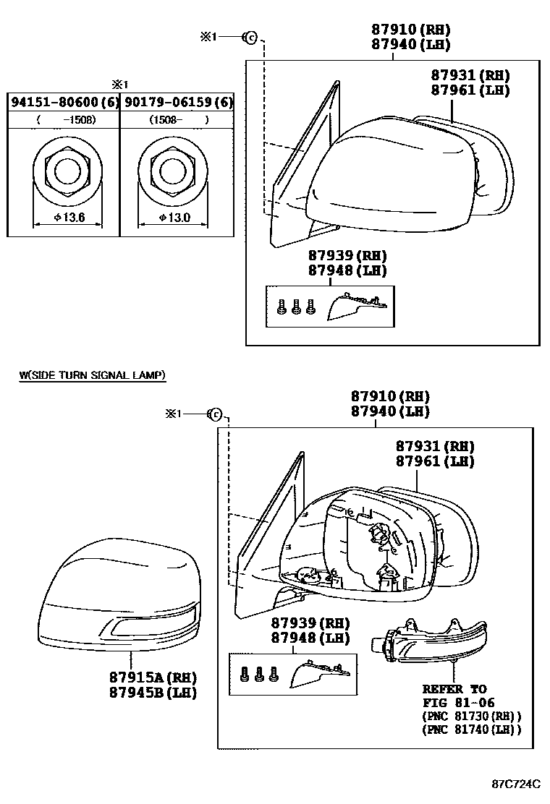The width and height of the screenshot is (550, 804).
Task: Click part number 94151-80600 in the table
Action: [x=56, y=102]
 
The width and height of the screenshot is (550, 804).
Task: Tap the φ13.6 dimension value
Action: [x=69, y=218]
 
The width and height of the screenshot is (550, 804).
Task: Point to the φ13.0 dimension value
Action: [x=174, y=218]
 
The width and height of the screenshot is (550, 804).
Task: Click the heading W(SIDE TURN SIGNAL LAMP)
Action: [x=93, y=375]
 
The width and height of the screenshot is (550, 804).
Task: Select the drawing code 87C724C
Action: [x=516, y=784]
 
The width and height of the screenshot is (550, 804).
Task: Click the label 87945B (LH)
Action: [x=153, y=692]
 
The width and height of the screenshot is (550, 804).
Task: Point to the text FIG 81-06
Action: [x=458, y=703]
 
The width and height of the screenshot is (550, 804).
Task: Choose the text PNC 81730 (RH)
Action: [x=472, y=716]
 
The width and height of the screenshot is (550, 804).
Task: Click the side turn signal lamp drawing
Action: [x=428, y=639]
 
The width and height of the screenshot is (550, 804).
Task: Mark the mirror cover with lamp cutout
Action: [x=119, y=594]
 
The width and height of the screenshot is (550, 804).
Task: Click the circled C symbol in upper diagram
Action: [x=250, y=37]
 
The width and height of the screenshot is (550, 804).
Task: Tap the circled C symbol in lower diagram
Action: [x=215, y=414]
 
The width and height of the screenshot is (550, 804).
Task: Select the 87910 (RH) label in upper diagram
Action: [x=411, y=30]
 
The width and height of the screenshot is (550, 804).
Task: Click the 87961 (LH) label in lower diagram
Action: [x=435, y=461]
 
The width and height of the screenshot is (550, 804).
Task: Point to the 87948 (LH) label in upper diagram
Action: [x=347, y=270]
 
